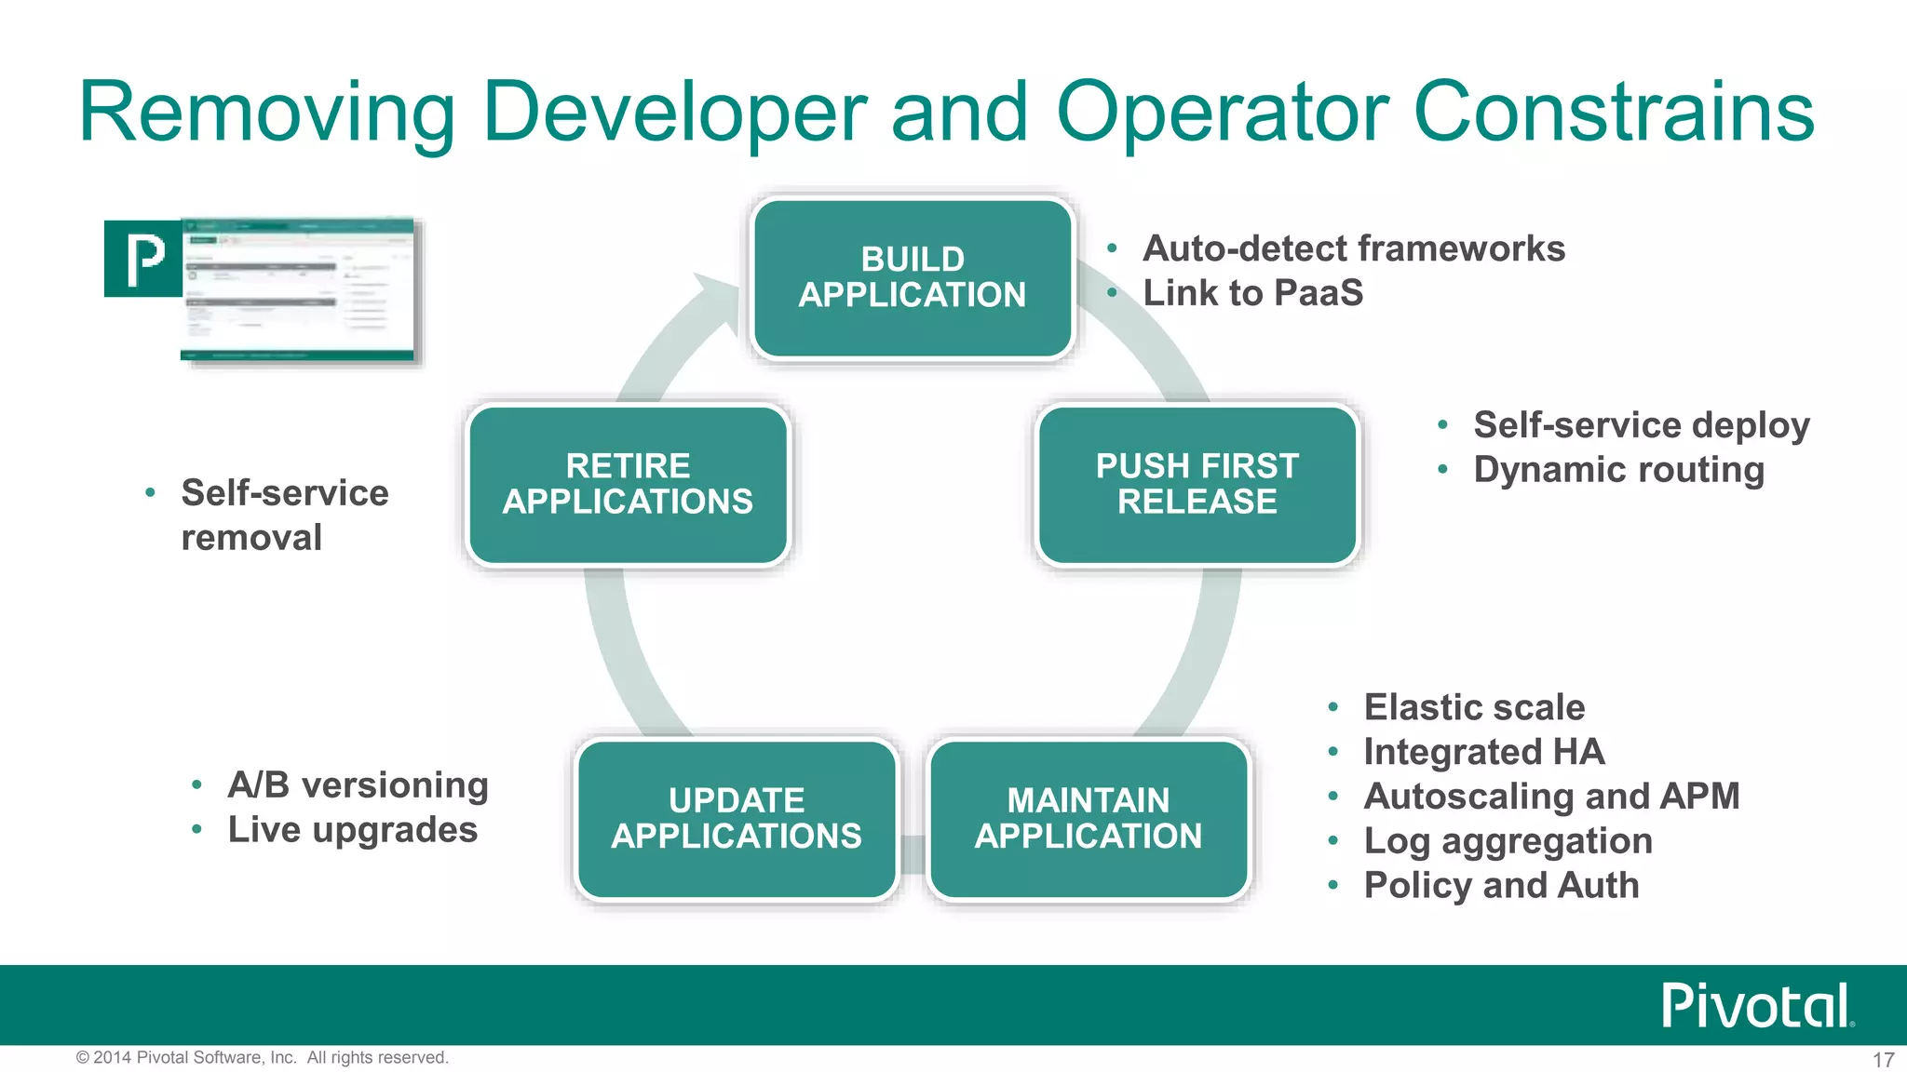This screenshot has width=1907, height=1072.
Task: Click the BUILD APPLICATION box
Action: pos(913,277)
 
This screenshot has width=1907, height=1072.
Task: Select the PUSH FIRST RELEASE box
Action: pos(1197,484)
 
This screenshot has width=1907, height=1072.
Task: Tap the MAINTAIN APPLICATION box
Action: pos(1088,819)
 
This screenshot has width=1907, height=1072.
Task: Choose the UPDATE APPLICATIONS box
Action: pos(736,819)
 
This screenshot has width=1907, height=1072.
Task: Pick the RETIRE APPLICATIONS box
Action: pos(628,484)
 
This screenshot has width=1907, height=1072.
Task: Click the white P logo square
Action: pos(143,259)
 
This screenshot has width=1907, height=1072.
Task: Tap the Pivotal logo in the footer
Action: pos(1757,1005)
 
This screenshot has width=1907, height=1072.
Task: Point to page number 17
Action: pos(1883,1060)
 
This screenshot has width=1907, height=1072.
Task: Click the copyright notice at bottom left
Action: pos(263,1058)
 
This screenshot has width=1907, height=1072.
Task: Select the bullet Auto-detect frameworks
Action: pos(1353,249)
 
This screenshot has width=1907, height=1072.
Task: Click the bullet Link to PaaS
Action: pos(1252,294)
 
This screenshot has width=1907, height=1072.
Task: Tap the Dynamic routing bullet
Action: pos(1618,470)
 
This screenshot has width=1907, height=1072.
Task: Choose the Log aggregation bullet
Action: pos(1508,841)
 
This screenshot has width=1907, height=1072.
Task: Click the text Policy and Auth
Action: pos(1501,886)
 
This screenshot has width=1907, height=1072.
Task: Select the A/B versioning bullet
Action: pos(358,785)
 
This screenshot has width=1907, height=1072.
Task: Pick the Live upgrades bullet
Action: pos(352,830)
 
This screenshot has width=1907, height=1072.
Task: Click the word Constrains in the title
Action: pos(1614,112)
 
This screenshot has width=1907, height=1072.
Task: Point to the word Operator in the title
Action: pos(1223,112)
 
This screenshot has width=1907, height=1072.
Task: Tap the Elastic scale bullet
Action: pos(1474,707)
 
